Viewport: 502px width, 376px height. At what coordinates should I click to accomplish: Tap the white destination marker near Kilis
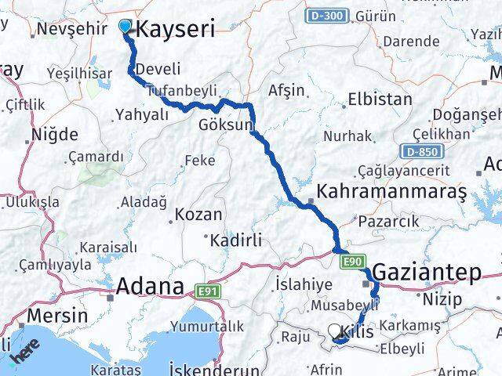(x=335, y=331)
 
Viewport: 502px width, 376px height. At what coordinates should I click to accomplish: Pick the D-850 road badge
(x=420, y=150)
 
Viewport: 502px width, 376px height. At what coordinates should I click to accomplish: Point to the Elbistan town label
(x=380, y=99)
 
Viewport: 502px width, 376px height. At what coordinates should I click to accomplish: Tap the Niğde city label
(x=55, y=133)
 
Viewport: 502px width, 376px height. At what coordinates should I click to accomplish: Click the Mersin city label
(x=56, y=316)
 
